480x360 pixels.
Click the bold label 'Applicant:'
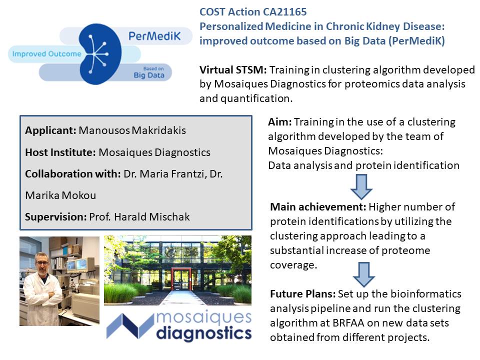(50, 131)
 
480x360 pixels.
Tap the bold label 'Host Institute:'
(60, 152)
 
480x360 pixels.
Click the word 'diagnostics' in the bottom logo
(203, 333)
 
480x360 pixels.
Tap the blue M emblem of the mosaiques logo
(127, 326)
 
